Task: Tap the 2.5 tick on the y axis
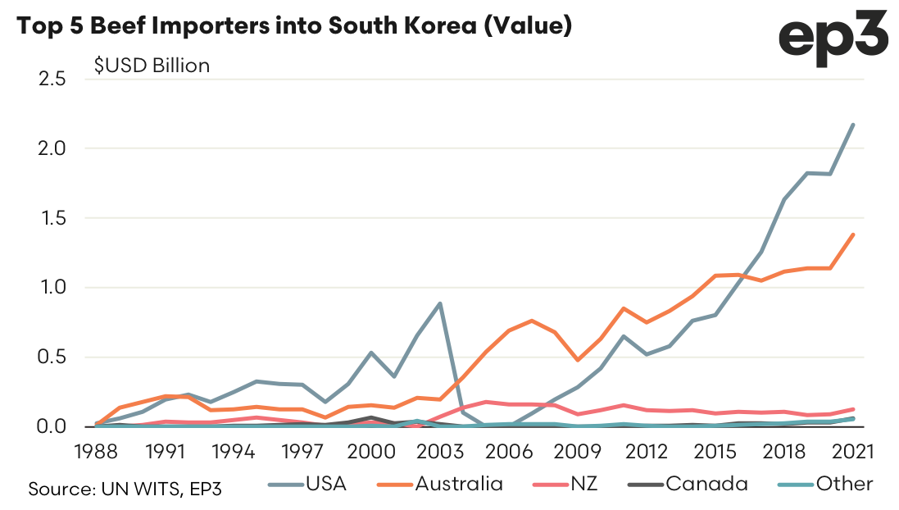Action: click(52, 79)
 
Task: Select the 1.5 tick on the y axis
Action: click(52, 218)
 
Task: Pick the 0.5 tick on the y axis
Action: click(52, 357)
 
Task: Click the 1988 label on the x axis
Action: click(95, 451)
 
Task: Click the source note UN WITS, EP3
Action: click(125, 489)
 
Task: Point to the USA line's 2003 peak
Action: click(440, 303)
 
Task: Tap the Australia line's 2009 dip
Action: click(579, 360)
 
